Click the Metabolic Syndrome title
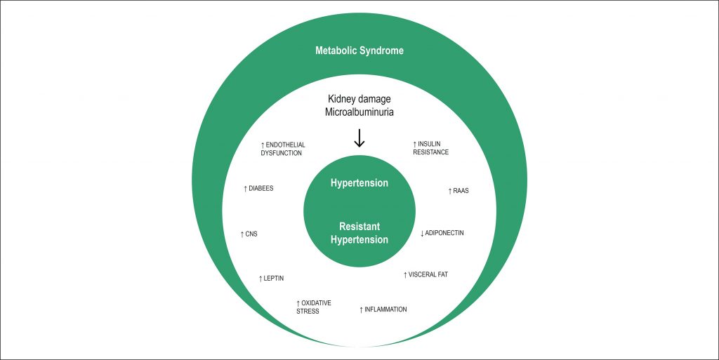click(359, 51)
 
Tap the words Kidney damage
click(359, 100)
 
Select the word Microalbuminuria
click(359, 114)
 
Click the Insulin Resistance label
click(430, 148)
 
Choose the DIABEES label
click(258, 189)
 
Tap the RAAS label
click(459, 191)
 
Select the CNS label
click(249, 234)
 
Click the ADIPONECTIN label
click(442, 232)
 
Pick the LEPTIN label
click(272, 279)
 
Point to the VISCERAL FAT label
click(426, 274)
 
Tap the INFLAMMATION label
click(383, 309)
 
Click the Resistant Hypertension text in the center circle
click(359, 234)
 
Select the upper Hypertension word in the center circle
click(359, 183)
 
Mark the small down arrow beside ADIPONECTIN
click(422, 233)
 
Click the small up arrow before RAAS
click(450, 191)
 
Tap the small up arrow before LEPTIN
click(260, 279)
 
